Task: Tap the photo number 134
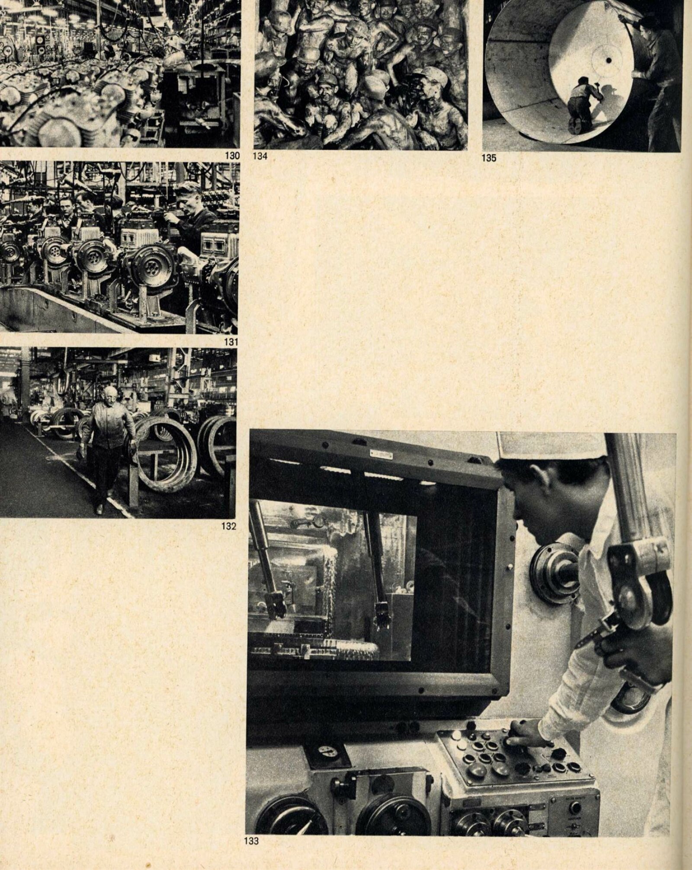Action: coord(260,156)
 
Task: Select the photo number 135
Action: coord(489,158)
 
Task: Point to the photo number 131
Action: coord(231,342)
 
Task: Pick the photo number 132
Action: coord(229,526)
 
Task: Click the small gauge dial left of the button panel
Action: coord(327,739)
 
